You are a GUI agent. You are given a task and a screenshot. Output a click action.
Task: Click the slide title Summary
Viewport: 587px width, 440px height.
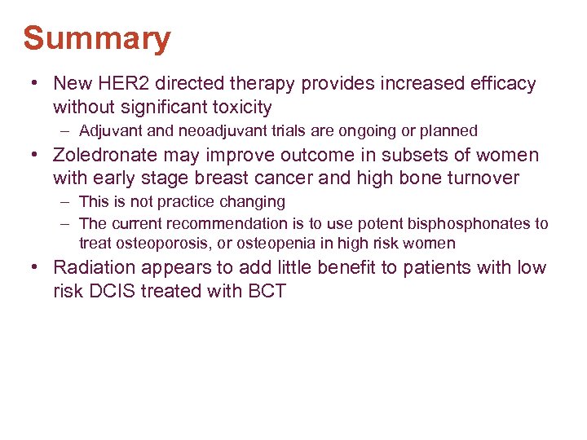pos(97,38)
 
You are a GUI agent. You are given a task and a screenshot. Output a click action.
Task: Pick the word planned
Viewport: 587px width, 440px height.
pos(448,130)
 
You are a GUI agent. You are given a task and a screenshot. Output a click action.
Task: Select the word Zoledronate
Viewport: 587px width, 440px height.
pos(104,155)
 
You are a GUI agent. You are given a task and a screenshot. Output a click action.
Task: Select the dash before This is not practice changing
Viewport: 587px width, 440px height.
pos(64,201)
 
